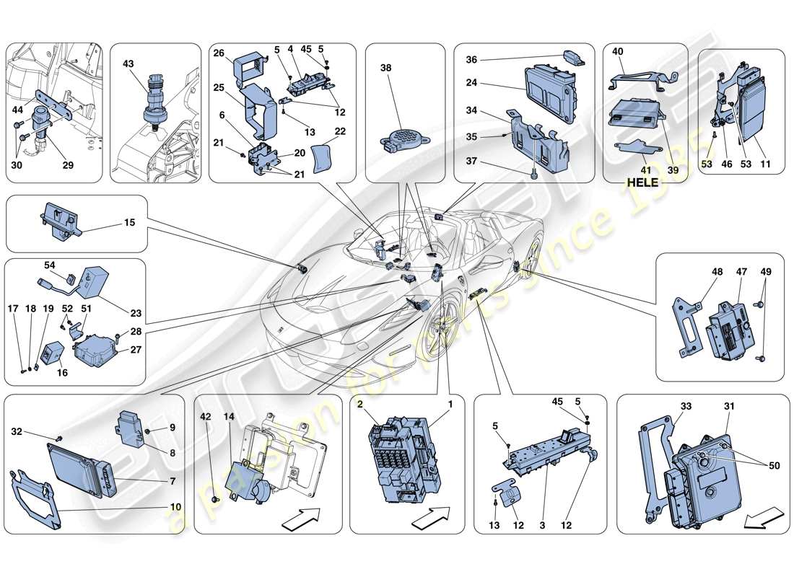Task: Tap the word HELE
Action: click(642, 182)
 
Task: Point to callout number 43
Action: click(129, 64)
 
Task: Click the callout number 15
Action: click(129, 224)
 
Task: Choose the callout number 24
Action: click(471, 83)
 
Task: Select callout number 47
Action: click(741, 273)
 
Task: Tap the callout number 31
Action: click(729, 406)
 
